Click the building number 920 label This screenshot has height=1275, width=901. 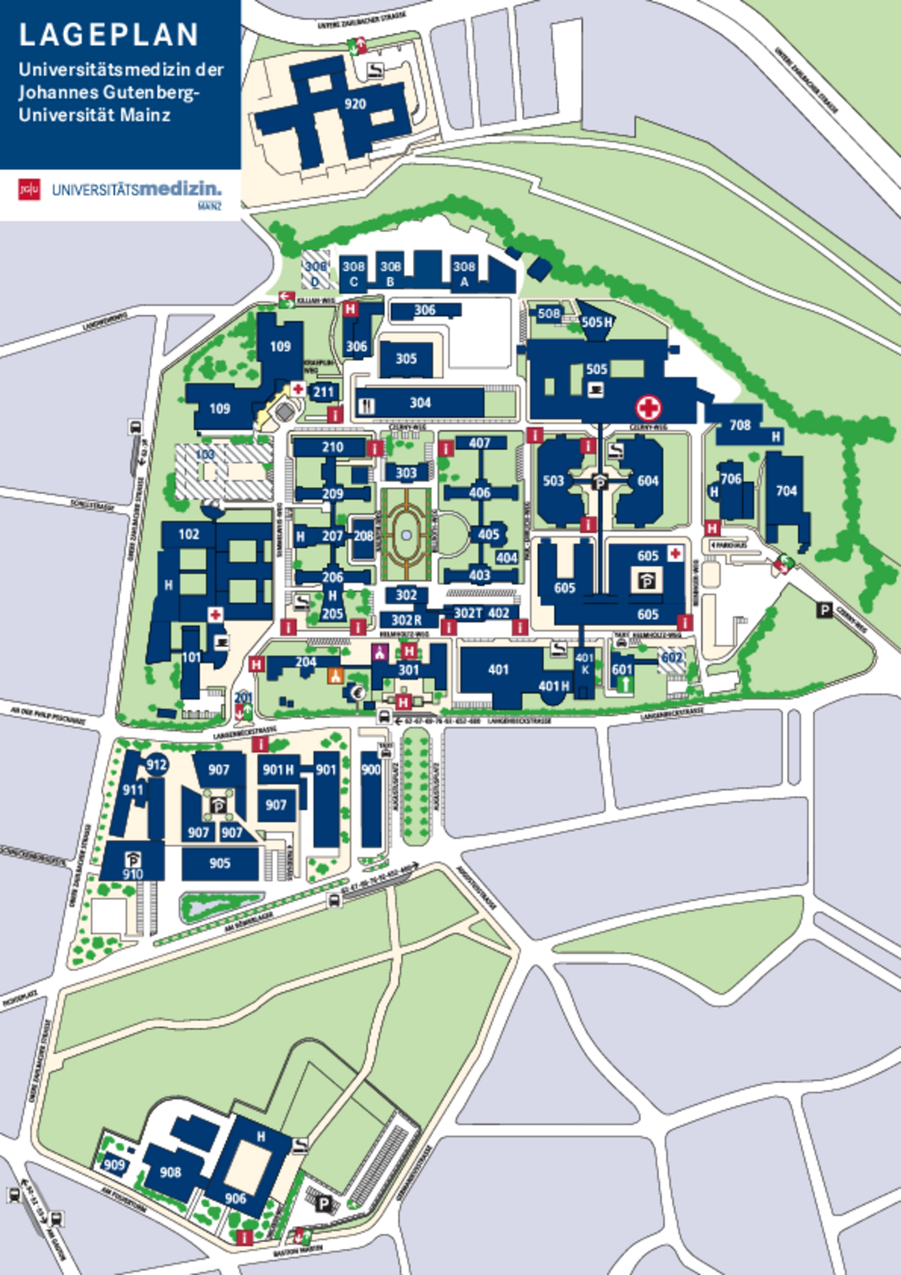point(355,104)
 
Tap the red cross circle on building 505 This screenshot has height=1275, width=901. point(648,408)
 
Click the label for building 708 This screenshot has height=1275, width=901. point(740,425)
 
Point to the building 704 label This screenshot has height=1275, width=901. point(786,490)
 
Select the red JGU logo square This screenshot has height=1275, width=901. point(29,189)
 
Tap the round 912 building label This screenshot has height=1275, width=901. point(156,764)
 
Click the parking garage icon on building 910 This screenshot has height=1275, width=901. point(132,859)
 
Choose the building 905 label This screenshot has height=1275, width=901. point(220,863)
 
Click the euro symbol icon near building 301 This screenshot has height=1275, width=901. point(356,692)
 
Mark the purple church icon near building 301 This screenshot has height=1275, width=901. point(380,653)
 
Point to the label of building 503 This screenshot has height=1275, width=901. point(554,481)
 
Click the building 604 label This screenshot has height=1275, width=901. point(648,481)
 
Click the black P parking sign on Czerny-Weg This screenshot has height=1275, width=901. point(825,610)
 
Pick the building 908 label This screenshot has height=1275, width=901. point(171,1172)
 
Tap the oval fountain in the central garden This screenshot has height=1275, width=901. point(407,536)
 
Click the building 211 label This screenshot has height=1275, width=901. point(324,392)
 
